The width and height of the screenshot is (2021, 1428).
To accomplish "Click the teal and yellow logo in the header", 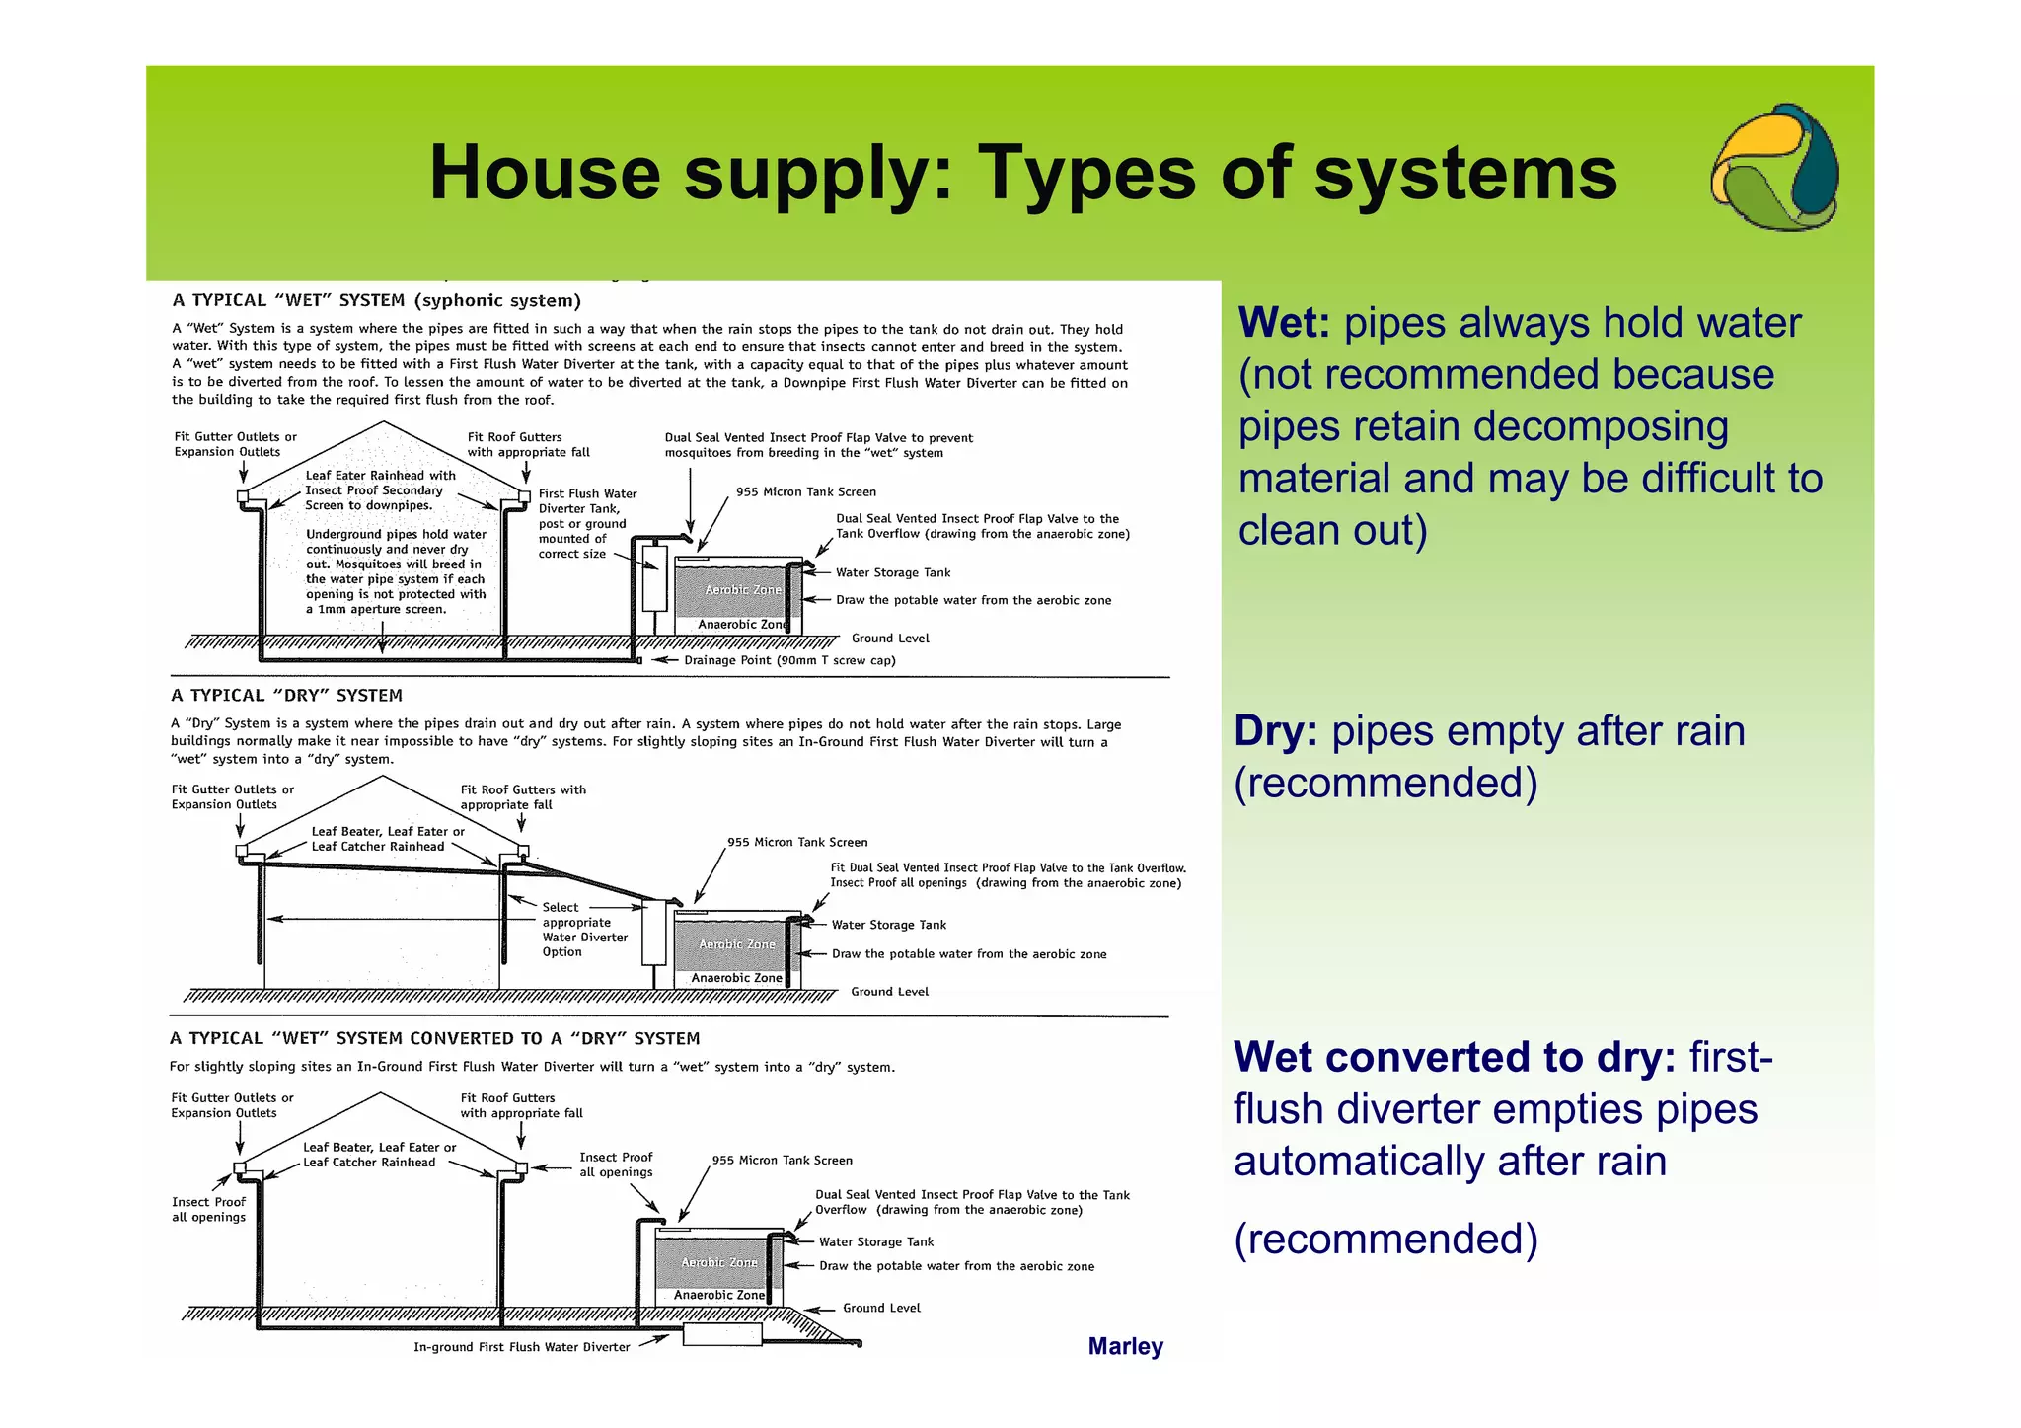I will [x=1774, y=168].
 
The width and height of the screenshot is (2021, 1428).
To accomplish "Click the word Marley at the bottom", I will [x=1125, y=1346].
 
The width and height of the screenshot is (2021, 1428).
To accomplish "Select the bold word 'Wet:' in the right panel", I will [x=1284, y=324].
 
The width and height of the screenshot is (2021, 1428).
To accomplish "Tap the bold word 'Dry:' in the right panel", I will [x=1276, y=731].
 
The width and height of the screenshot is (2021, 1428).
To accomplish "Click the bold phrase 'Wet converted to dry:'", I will [x=1455, y=1057].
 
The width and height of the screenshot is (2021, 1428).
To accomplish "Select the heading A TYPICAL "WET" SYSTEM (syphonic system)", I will [x=376, y=300].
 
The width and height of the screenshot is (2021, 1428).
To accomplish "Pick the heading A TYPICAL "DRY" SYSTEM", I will [x=286, y=695].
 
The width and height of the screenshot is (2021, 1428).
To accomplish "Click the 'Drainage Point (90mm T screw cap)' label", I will [x=789, y=660].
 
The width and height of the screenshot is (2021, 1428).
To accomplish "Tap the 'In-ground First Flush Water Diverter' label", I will [x=521, y=1347].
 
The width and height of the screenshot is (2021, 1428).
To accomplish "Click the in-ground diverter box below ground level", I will [x=722, y=1334].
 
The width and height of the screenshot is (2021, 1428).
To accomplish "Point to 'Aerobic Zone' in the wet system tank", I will [x=742, y=590].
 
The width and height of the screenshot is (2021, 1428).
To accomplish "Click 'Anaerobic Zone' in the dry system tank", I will [x=736, y=978].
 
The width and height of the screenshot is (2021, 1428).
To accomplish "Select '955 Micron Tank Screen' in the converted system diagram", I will [x=782, y=1161].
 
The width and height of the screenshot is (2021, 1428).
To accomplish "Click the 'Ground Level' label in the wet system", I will [x=890, y=639].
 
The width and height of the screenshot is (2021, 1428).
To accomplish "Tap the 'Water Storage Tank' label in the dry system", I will [x=888, y=925].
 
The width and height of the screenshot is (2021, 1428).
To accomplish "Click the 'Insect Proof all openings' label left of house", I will [x=208, y=1209].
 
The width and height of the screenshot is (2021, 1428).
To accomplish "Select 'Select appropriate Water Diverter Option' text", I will [x=584, y=930].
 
